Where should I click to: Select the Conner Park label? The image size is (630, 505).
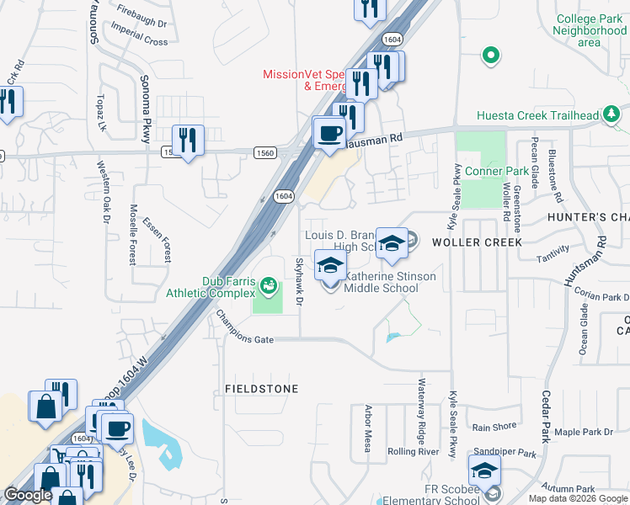pos(496,171)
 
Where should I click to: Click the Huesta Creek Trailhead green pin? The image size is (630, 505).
pos(610,116)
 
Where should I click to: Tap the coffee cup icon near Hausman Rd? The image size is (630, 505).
pos(330,133)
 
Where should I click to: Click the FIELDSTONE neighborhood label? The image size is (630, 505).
pos(261,389)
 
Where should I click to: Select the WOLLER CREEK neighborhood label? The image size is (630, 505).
pos(477,242)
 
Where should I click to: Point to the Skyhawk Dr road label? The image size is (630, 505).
pos(297,281)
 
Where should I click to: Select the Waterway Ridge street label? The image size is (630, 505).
pos(421,412)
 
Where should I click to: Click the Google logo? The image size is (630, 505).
pos(28,496)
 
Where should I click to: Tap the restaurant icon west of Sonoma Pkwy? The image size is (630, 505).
pos(188,140)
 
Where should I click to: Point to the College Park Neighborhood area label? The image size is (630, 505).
pos(590,30)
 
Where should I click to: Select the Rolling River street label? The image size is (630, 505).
pos(413,451)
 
